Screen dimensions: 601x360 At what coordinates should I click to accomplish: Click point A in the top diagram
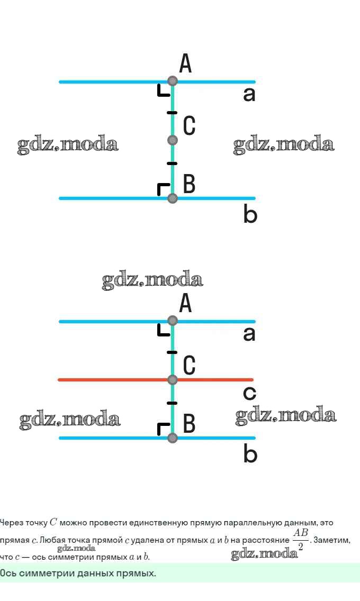tap(172, 81)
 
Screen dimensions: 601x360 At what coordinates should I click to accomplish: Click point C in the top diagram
tap(172, 140)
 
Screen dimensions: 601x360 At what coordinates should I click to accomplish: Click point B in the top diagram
tap(172, 198)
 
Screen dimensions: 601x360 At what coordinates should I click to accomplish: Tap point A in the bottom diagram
tap(172, 321)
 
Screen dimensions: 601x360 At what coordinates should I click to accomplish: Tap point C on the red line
tap(172, 380)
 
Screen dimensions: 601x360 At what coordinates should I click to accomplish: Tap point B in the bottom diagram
tap(172, 438)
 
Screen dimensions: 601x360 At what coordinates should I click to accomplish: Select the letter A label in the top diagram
tap(185, 64)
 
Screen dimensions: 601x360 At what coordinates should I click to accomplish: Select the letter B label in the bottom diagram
tap(189, 424)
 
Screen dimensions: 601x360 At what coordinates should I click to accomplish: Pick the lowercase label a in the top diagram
tap(249, 95)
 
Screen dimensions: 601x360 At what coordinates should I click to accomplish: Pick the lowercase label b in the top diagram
tap(250, 214)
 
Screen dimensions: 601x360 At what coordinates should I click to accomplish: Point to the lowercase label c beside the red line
tap(249, 393)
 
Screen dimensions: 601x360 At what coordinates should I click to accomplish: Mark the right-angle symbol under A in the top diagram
tap(164, 91)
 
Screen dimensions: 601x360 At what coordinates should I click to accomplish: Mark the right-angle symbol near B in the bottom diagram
tap(164, 429)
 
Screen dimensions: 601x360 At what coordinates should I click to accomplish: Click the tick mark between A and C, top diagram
tap(172, 113)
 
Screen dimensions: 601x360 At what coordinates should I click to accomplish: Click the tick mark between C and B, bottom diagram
tap(172, 404)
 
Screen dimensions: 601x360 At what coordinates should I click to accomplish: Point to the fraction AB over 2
tap(301, 539)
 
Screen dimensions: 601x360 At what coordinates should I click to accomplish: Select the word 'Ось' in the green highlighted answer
tap(8, 573)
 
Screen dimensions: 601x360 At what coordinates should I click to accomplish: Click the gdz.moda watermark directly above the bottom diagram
tap(152, 280)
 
